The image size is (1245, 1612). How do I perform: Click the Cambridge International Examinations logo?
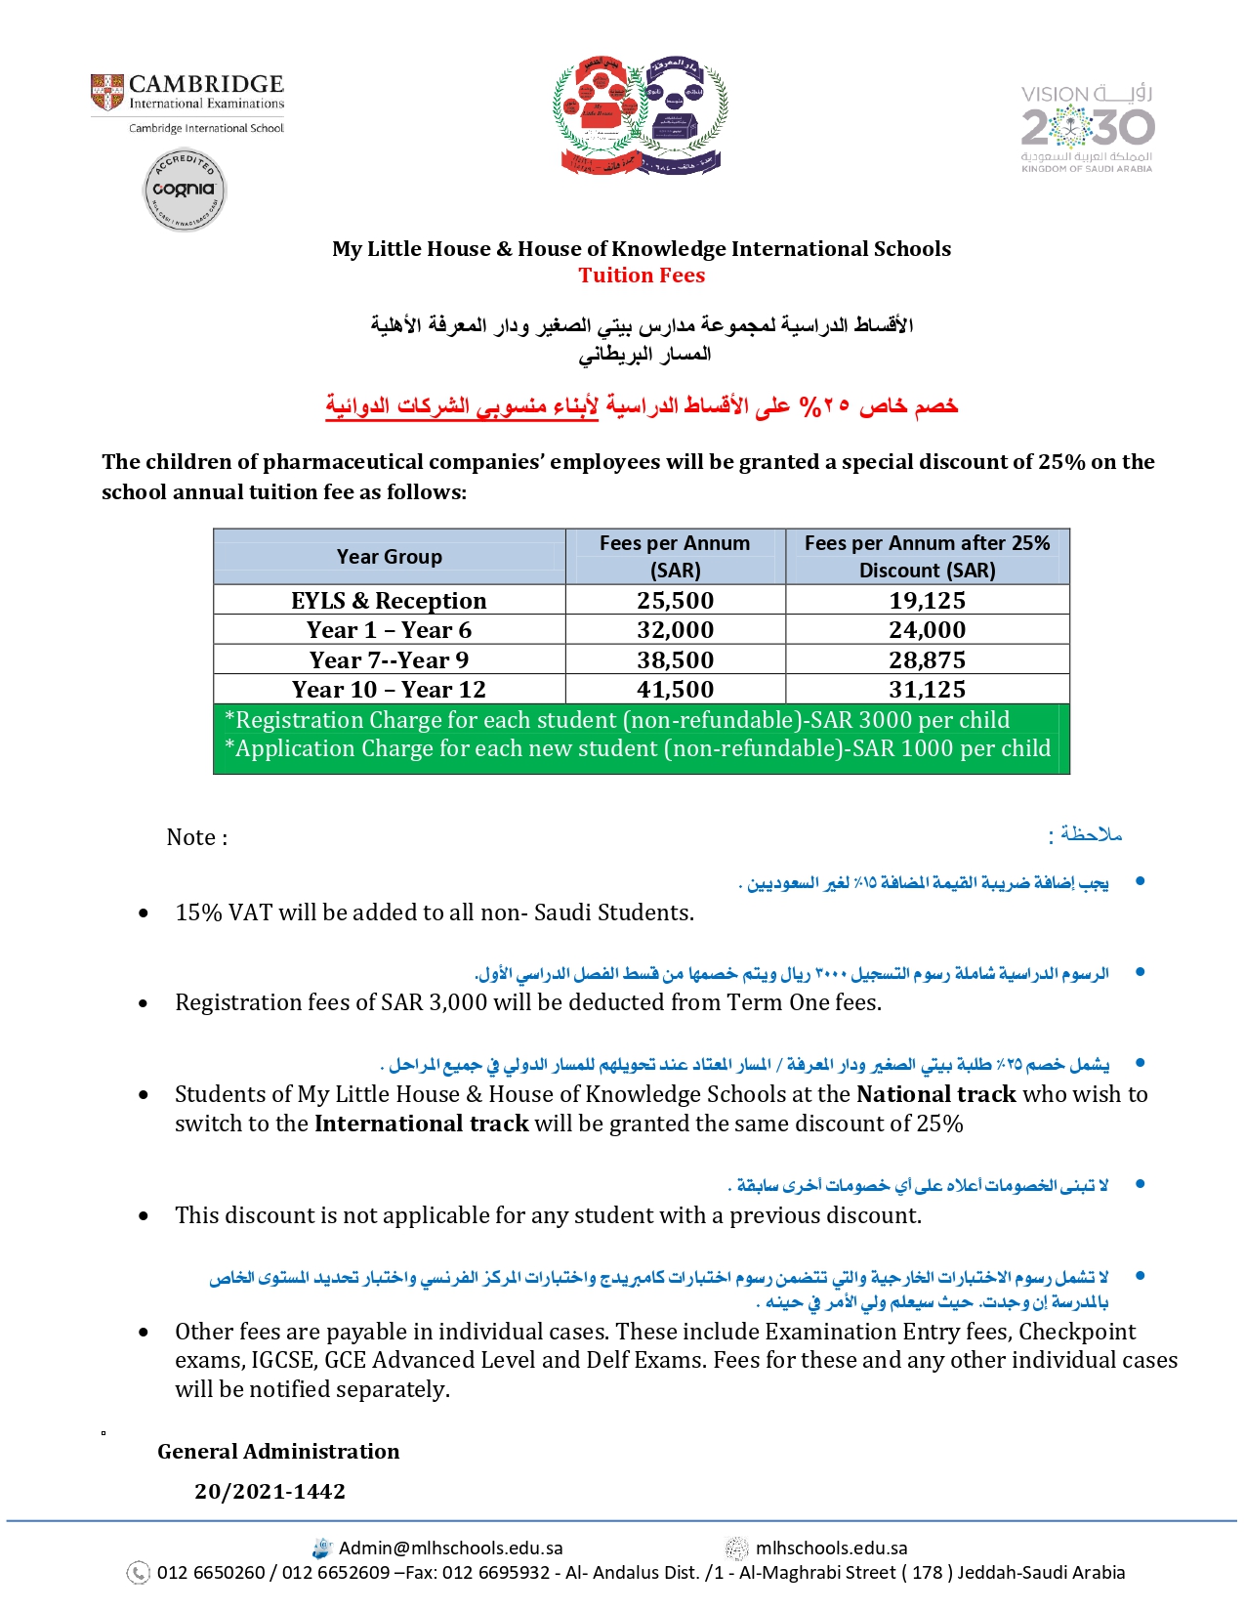click(x=187, y=94)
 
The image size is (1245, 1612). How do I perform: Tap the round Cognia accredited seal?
click(x=185, y=191)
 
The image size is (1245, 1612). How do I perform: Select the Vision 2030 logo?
click(x=1087, y=128)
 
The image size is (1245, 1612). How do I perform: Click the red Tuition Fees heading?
click(x=642, y=276)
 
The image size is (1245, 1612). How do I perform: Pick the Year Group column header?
click(x=389, y=557)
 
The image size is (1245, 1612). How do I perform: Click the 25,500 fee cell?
click(x=675, y=600)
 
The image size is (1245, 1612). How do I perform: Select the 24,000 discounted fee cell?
click(x=927, y=630)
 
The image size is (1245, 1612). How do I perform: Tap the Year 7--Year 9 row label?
click(x=389, y=660)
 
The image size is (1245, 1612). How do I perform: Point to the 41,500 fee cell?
click(x=675, y=690)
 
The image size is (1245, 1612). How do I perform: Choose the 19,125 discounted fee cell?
click(x=927, y=600)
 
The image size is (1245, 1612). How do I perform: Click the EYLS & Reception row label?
click(x=389, y=600)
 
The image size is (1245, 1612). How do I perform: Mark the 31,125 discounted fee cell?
click(x=927, y=690)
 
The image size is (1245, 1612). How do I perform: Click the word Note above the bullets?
click(x=191, y=837)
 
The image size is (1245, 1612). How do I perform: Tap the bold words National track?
click(x=935, y=1094)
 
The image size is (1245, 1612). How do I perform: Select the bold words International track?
click(x=421, y=1124)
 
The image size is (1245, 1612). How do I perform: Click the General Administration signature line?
click(x=278, y=1452)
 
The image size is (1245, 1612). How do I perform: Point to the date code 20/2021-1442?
click(x=270, y=1492)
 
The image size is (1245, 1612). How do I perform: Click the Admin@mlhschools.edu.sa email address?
click(x=450, y=1548)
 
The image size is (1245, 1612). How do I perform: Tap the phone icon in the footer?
click(x=139, y=1573)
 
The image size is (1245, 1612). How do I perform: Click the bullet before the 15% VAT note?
click(x=144, y=913)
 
